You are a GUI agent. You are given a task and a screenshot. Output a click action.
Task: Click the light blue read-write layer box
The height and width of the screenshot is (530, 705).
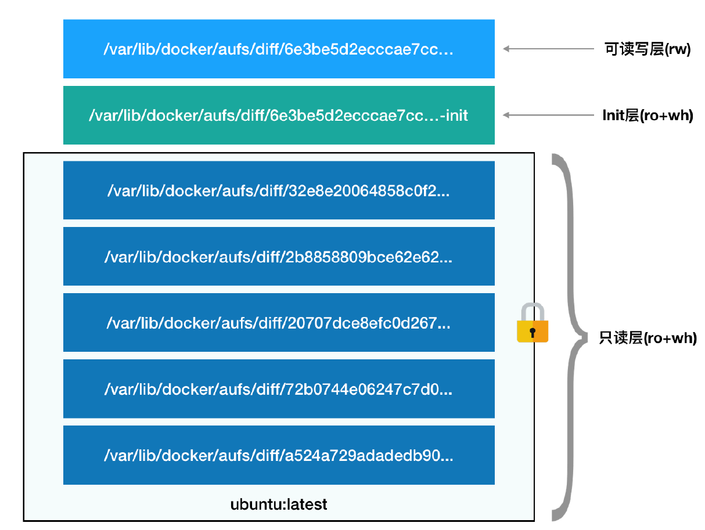tap(279, 49)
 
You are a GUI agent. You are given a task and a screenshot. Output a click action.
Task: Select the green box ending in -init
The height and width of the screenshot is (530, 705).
tap(279, 116)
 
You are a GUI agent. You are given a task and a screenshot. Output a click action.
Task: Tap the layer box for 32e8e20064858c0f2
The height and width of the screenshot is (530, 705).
tap(279, 190)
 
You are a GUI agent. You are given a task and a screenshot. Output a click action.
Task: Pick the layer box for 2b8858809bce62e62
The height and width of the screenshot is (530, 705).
tap(279, 257)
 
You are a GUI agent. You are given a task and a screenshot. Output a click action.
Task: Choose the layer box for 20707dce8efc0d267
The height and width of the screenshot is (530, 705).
tap(279, 323)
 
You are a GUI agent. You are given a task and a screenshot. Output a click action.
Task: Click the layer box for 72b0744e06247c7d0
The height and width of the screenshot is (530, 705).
tap(279, 389)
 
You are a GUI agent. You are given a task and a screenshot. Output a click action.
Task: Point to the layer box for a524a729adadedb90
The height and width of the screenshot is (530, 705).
tap(279, 455)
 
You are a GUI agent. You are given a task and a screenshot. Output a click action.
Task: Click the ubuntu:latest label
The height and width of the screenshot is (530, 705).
tap(279, 504)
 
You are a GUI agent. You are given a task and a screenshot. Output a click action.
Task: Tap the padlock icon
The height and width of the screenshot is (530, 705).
tap(532, 323)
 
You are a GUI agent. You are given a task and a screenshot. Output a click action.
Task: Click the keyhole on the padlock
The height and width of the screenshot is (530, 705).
tap(533, 333)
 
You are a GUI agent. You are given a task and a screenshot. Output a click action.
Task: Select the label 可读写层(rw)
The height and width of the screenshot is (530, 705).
tap(647, 49)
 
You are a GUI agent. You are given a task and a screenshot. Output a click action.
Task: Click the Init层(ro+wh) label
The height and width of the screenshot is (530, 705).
tap(648, 116)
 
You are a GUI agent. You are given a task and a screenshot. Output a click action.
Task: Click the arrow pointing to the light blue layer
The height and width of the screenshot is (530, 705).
tap(548, 49)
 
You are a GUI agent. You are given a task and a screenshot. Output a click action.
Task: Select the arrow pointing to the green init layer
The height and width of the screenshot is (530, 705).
tap(548, 116)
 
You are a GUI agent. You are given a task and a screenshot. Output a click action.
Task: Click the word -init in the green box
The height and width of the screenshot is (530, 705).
tap(454, 116)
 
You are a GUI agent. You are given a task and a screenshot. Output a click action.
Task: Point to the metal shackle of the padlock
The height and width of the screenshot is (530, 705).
tap(532, 311)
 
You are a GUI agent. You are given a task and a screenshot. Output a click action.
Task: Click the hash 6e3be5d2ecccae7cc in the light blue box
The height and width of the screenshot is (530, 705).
tap(369, 49)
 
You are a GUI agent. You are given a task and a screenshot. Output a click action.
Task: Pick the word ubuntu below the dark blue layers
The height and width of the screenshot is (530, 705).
tap(254, 504)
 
